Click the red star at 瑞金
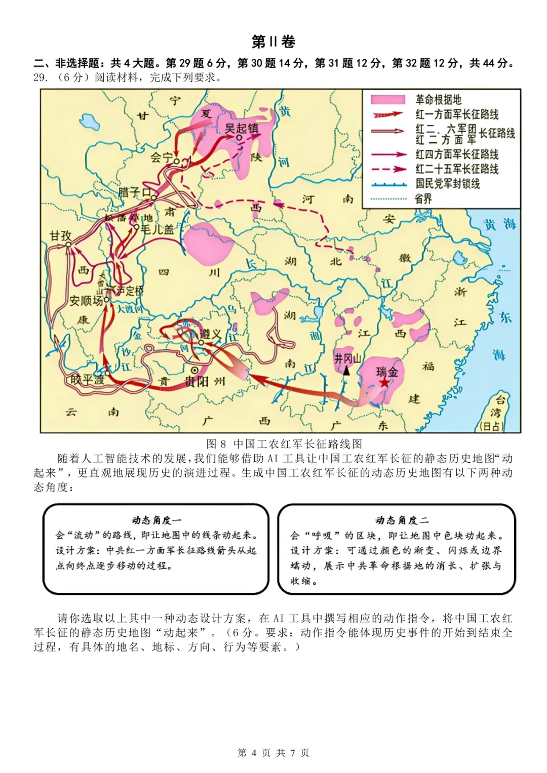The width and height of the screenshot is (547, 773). pos(385,383)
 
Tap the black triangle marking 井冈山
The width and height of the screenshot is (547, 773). pos(346,371)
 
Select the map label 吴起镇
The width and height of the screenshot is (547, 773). pos(242,128)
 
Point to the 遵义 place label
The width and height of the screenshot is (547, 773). pos(211,334)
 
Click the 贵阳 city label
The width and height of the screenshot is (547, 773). pos(197,381)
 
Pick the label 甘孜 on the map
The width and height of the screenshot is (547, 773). pos(60,235)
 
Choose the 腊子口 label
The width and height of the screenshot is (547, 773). pos(134,192)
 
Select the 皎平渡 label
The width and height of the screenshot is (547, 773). pos(87,379)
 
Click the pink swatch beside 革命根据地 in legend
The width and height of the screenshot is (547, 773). pos(388,100)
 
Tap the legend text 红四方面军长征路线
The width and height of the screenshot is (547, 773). pos(457,154)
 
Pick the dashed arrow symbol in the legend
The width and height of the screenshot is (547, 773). pos(388,169)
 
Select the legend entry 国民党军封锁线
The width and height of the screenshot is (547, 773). pos(447,183)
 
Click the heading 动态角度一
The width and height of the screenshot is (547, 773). pos(157,520)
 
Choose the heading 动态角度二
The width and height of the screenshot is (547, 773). pos(402,520)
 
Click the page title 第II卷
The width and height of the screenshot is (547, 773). pos(273,42)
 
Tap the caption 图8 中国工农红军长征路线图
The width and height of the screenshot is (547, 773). pos(284,444)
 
